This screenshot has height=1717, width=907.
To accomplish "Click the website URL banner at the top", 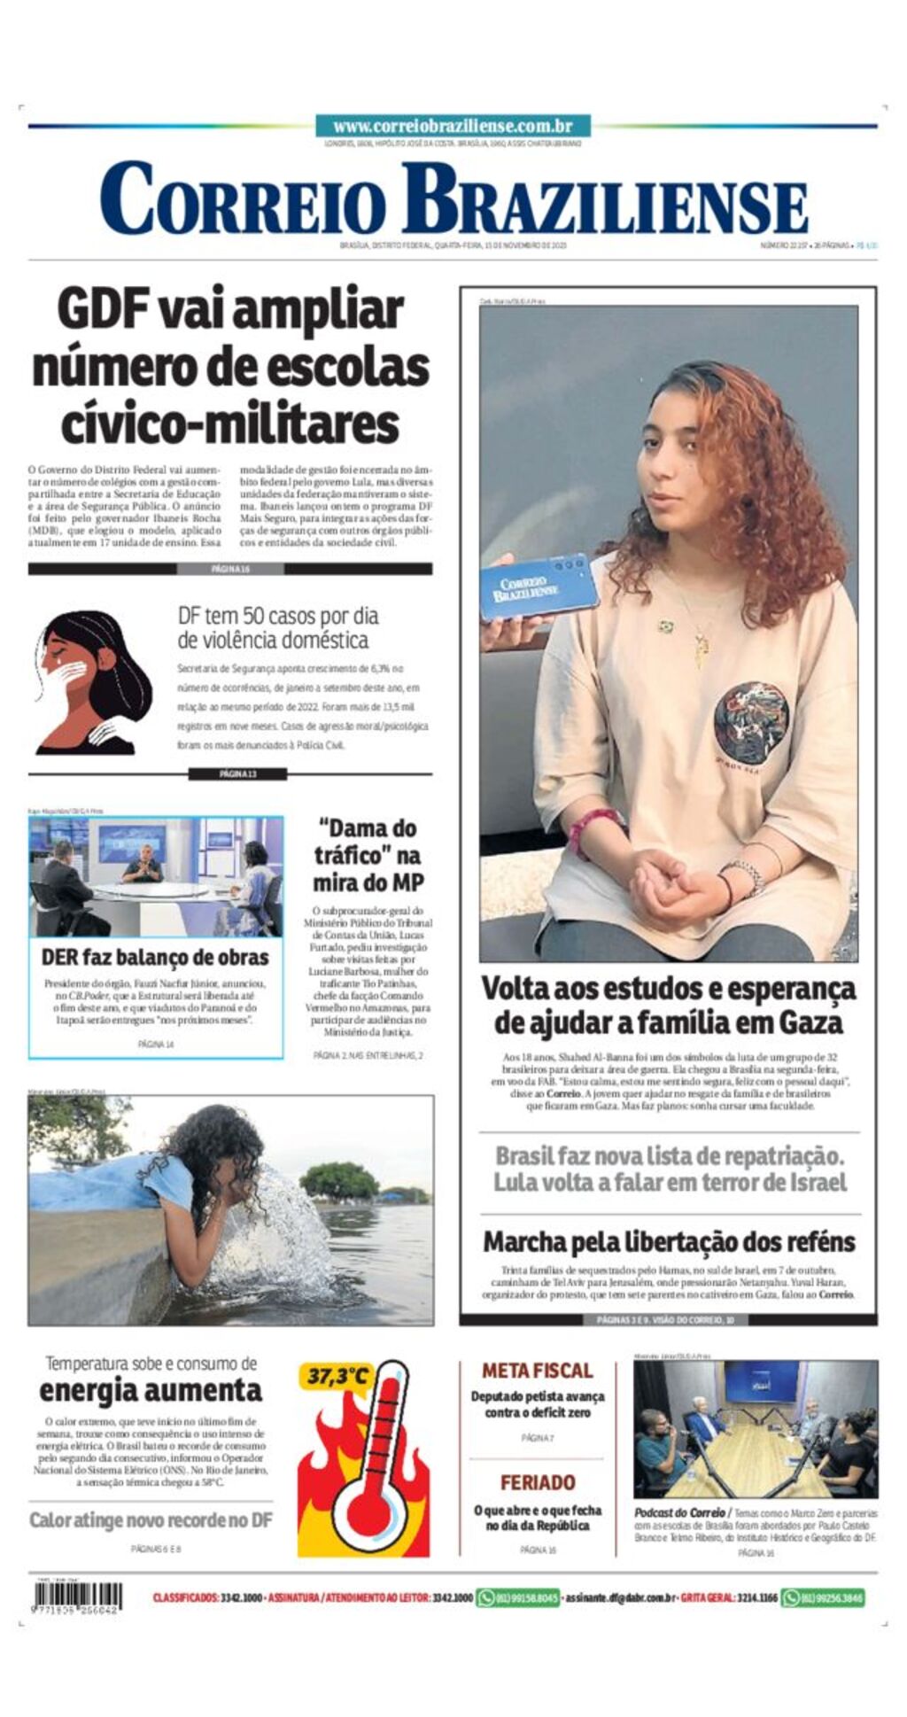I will pyautogui.click(x=453, y=126).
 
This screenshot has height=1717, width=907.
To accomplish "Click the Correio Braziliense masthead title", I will pyautogui.click(x=453, y=198).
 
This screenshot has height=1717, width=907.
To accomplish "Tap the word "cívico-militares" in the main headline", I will pyautogui.click(x=230, y=424).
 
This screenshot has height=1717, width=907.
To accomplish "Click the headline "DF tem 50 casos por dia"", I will pyautogui.click(x=277, y=616).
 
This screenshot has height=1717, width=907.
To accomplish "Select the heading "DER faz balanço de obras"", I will pyautogui.click(x=155, y=957).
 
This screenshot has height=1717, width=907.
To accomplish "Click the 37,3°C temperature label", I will pyautogui.click(x=338, y=1377).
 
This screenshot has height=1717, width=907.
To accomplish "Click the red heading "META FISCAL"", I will pyautogui.click(x=537, y=1371).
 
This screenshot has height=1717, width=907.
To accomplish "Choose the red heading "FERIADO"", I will pyautogui.click(x=537, y=1482).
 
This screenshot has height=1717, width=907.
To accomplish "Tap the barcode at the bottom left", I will pyautogui.click(x=77, y=1597).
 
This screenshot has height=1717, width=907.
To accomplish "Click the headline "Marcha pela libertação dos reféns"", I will pyautogui.click(x=669, y=1242).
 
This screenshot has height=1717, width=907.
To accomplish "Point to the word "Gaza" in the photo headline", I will pyautogui.click(x=810, y=1023).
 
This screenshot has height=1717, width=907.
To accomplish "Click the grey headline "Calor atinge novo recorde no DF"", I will pyautogui.click(x=151, y=1520).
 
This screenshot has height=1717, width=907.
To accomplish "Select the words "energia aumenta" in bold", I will pyautogui.click(x=151, y=1390).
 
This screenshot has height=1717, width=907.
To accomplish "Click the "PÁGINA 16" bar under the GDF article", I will pyautogui.click(x=230, y=569).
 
